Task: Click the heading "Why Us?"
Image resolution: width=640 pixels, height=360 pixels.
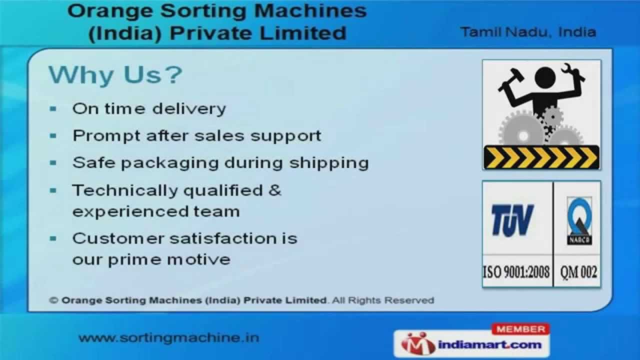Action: [115, 74]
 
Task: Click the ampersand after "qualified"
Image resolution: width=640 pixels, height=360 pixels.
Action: [275, 190]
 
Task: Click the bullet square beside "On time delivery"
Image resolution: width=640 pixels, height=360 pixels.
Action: [53, 108]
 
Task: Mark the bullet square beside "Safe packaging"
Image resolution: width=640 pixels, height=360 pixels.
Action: [53, 162]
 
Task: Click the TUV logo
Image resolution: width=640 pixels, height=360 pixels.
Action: [512, 220]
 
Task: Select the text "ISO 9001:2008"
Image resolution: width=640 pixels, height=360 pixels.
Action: [516, 272]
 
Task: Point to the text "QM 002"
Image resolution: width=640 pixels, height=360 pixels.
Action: [578, 272]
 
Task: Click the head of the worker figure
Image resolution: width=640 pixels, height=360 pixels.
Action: [545, 77]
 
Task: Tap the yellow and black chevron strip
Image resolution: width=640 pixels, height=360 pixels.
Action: [541, 157]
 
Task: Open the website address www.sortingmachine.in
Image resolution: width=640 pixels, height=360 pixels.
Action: [169, 337]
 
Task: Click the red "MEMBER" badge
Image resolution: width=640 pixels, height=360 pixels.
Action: [520, 329]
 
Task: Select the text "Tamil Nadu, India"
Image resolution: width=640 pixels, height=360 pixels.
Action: [528, 32]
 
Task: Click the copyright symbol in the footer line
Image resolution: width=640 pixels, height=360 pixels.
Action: [53, 300]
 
